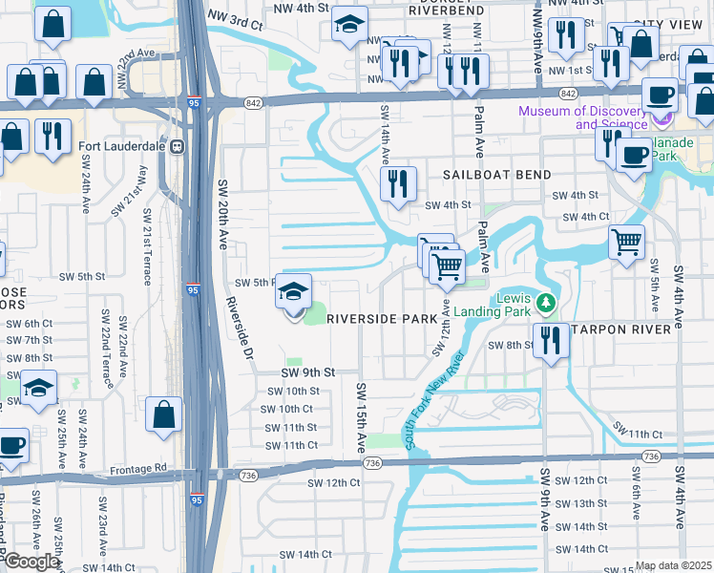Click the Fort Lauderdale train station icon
177,147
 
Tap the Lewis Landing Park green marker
545,303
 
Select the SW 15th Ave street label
362,417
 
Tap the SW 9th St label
307,371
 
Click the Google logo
31,562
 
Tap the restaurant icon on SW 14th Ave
398,182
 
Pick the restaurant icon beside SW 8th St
549,341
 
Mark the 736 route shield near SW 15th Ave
372,463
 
